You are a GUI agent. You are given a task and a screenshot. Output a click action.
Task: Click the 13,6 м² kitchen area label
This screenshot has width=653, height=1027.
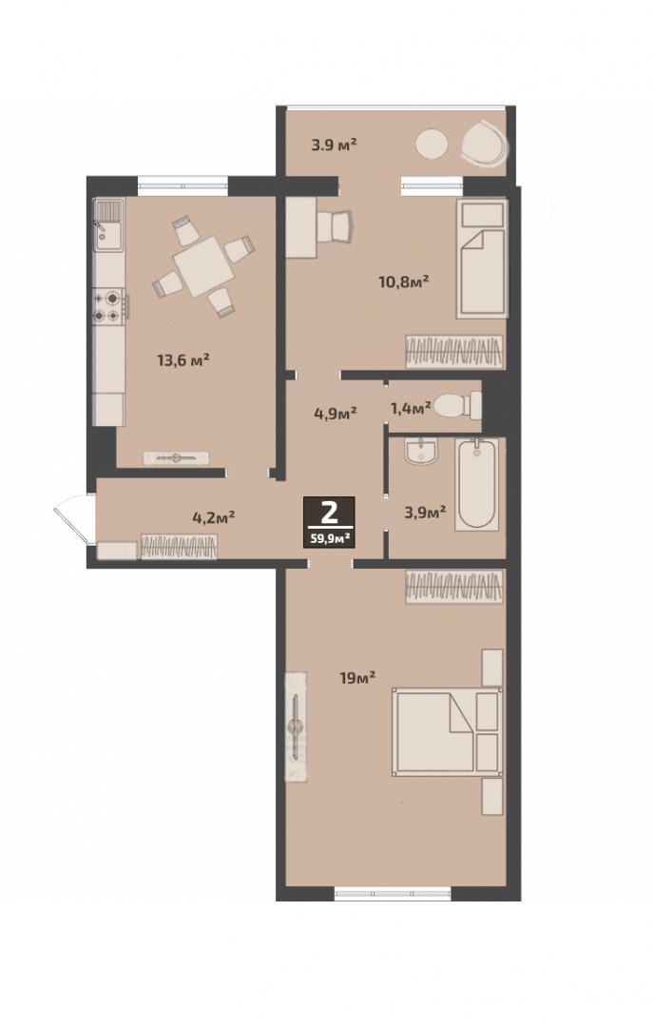(183, 359)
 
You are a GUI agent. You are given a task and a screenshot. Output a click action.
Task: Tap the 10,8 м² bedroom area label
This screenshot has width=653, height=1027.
(403, 282)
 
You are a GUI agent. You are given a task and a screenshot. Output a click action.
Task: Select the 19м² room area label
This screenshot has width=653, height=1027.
(357, 677)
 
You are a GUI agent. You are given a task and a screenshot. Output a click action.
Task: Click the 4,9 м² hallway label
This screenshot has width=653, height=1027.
(335, 414)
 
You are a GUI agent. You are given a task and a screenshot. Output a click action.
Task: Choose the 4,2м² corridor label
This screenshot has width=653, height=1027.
(214, 517)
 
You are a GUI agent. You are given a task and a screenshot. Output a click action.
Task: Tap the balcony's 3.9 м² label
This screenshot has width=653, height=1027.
(334, 145)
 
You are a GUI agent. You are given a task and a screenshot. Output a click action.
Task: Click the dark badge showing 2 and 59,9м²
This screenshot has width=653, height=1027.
(329, 522)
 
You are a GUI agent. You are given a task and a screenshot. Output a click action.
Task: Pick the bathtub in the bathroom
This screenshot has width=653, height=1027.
(477, 484)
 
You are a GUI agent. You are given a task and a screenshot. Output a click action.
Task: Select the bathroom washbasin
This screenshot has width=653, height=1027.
(420, 452)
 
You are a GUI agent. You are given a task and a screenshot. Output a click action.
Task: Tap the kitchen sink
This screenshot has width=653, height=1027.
(109, 225)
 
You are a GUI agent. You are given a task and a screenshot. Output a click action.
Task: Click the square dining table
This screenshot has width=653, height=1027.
(203, 267)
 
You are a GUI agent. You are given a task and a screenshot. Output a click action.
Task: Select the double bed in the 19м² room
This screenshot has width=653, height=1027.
(448, 731)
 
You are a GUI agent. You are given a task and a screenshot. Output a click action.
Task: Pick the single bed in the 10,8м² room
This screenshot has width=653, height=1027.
(483, 260)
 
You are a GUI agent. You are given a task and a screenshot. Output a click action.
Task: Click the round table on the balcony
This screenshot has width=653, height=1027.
(432, 145)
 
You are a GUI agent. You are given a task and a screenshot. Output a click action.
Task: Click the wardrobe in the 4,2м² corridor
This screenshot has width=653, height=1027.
(179, 547)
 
